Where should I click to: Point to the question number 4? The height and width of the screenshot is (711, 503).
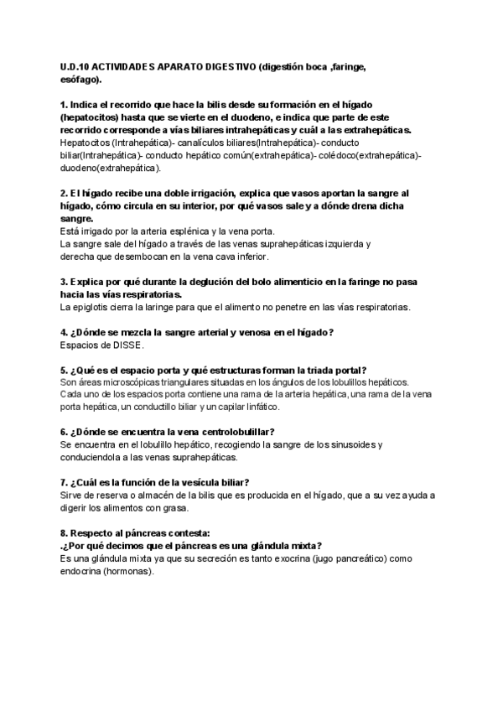pyautogui.click(x=65, y=333)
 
